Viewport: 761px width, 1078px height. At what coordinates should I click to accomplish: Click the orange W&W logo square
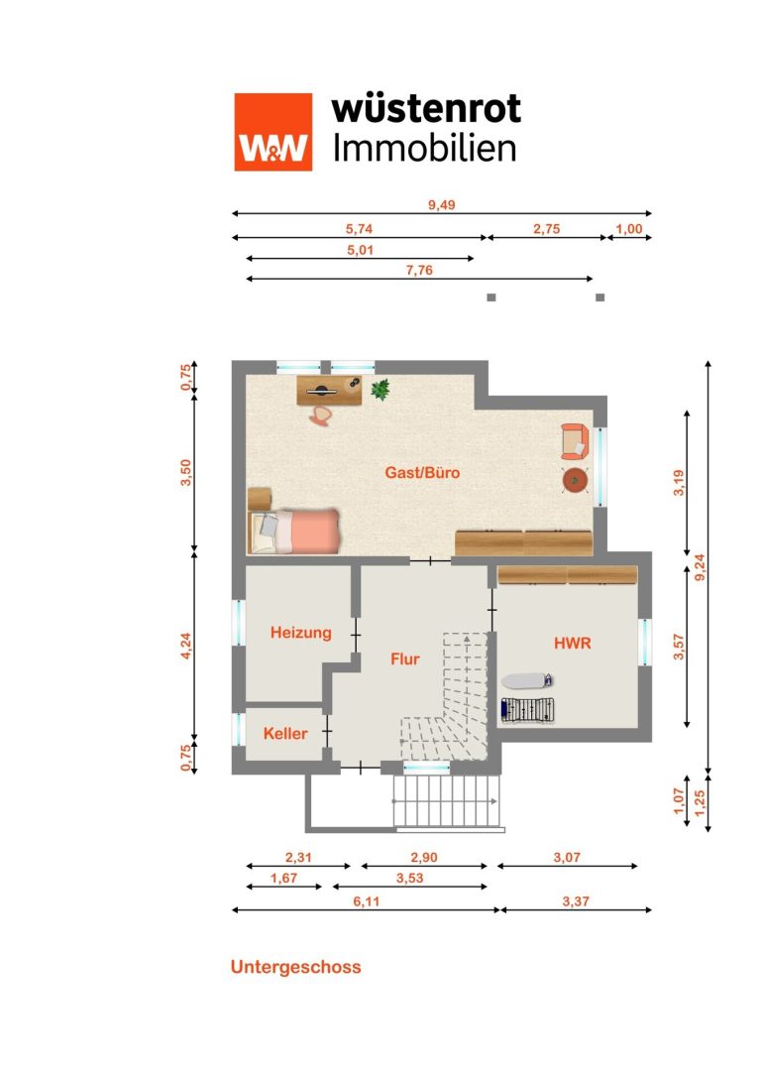coord(273,132)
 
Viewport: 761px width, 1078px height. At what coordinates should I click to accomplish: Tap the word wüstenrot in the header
coord(426,109)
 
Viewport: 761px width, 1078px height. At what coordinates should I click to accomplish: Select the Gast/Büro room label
coord(422,472)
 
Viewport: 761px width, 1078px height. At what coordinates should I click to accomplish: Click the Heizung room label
coord(301,633)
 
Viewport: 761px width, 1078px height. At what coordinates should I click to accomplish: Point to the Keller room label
coord(285,734)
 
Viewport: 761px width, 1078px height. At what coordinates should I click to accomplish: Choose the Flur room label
coord(405,659)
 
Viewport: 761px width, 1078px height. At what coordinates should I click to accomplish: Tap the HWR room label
coord(573,643)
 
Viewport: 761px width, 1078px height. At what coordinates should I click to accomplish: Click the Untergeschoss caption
coord(296,967)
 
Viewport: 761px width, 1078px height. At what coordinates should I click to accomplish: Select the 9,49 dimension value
coord(442,205)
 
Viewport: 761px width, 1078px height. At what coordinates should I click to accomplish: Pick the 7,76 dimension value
coord(420,270)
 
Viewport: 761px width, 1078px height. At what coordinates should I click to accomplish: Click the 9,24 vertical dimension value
coord(700,567)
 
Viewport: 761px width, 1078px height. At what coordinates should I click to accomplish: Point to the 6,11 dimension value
coord(366,901)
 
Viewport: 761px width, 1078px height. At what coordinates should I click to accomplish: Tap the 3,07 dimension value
coord(568,857)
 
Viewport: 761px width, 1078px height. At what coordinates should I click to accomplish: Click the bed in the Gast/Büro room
coord(294,531)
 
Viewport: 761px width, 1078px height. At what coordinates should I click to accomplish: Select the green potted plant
coord(380,389)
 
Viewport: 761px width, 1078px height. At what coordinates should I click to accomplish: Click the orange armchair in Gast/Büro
coord(575,441)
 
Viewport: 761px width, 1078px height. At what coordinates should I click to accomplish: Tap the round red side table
coord(575,481)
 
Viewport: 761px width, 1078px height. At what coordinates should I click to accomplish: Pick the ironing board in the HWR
coord(527,680)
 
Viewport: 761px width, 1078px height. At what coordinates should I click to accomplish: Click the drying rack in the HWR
coord(527,710)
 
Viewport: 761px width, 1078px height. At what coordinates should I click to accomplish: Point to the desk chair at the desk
coord(320,416)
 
